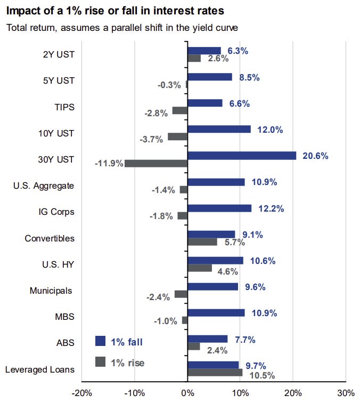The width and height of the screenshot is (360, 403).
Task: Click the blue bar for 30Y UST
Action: click(x=242, y=156)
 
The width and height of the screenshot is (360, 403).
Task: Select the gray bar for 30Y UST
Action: click(x=156, y=163)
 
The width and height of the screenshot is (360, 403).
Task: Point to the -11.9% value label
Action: click(x=109, y=163)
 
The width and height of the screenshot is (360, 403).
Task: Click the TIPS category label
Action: click(x=64, y=107)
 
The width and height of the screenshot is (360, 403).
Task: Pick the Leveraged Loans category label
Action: click(x=39, y=369)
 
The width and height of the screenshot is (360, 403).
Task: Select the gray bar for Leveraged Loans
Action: click(x=215, y=373)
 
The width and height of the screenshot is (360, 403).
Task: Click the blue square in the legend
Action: click(x=100, y=341)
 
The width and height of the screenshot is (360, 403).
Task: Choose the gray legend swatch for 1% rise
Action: click(x=100, y=362)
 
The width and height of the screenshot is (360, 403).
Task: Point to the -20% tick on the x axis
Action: click(x=81, y=393)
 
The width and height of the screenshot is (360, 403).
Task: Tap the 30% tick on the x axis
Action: click(x=346, y=393)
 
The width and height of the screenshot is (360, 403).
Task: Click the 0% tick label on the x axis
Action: click(x=187, y=393)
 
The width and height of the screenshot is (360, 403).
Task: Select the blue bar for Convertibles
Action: click(x=211, y=234)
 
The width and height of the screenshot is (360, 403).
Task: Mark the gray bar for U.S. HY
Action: click(x=200, y=268)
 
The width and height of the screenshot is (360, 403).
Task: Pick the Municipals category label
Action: click(x=52, y=291)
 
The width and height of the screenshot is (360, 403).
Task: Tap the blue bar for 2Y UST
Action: click(x=204, y=51)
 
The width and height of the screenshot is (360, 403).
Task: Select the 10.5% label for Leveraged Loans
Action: click(x=262, y=375)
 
